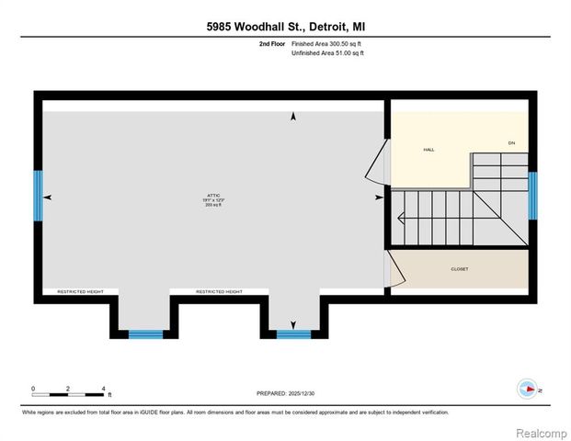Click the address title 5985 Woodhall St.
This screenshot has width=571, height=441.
click(x=285, y=28)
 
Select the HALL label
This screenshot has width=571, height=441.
click(x=428, y=149)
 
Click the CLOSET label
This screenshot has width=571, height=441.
click(x=461, y=270)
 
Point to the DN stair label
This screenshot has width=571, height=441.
click(x=511, y=143)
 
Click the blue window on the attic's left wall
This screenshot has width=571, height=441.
click(x=39, y=195)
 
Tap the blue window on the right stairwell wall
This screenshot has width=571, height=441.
click(x=532, y=195)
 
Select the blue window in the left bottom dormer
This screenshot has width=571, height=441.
click(x=144, y=334)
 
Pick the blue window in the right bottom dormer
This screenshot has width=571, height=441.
click(x=293, y=334)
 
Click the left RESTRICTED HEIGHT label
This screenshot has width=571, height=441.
click(x=80, y=291)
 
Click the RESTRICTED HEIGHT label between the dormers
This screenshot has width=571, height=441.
click(x=219, y=291)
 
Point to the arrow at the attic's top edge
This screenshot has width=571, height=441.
click(x=293, y=117)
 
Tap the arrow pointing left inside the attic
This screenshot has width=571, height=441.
click(x=47, y=197)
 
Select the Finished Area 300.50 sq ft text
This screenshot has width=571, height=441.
click(x=327, y=44)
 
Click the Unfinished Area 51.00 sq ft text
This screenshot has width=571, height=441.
click(x=327, y=54)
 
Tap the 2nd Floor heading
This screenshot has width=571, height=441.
click(x=272, y=44)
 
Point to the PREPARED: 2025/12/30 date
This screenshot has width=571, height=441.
click(x=285, y=393)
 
